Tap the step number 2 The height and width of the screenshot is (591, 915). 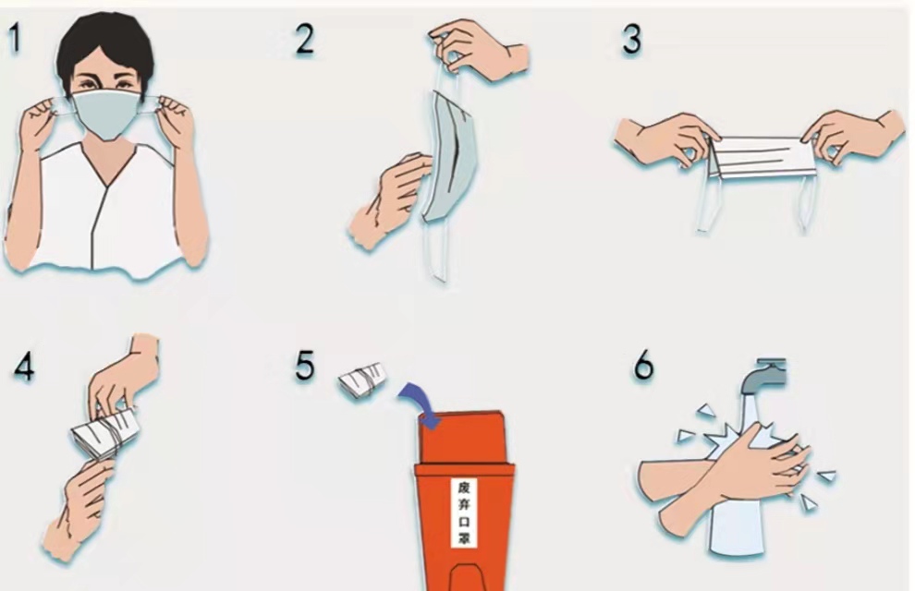305,40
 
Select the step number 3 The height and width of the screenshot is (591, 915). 631,40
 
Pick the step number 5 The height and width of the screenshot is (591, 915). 305,366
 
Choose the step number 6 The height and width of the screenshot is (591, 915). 644,366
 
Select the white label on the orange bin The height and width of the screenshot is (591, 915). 465,513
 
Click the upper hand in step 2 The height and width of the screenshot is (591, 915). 479,50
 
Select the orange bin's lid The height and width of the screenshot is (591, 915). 461,437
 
